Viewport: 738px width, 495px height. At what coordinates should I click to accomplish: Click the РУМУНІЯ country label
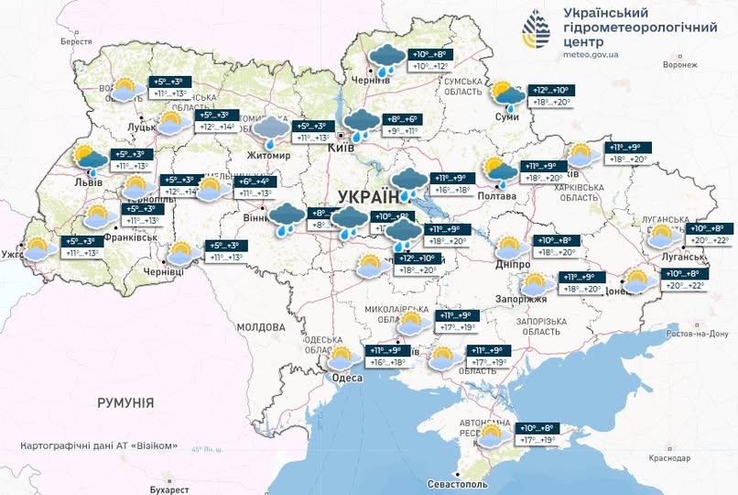pos(125,402)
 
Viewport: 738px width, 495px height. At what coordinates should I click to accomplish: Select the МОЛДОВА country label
pos(261,327)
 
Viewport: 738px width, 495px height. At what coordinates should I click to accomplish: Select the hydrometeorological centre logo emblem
pos(537,33)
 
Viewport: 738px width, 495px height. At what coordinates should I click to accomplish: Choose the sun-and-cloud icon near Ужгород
pos(37,248)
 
